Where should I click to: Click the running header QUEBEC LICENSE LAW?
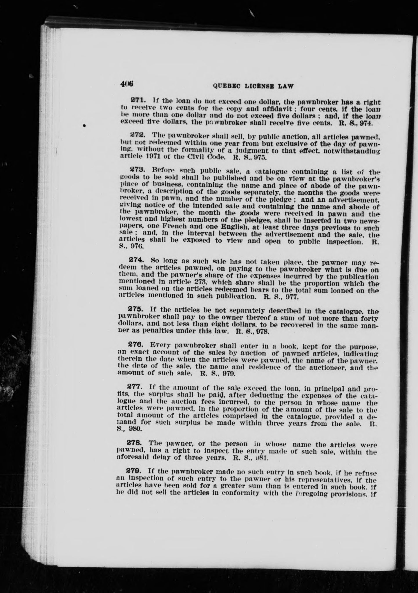click(x=253, y=86)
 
